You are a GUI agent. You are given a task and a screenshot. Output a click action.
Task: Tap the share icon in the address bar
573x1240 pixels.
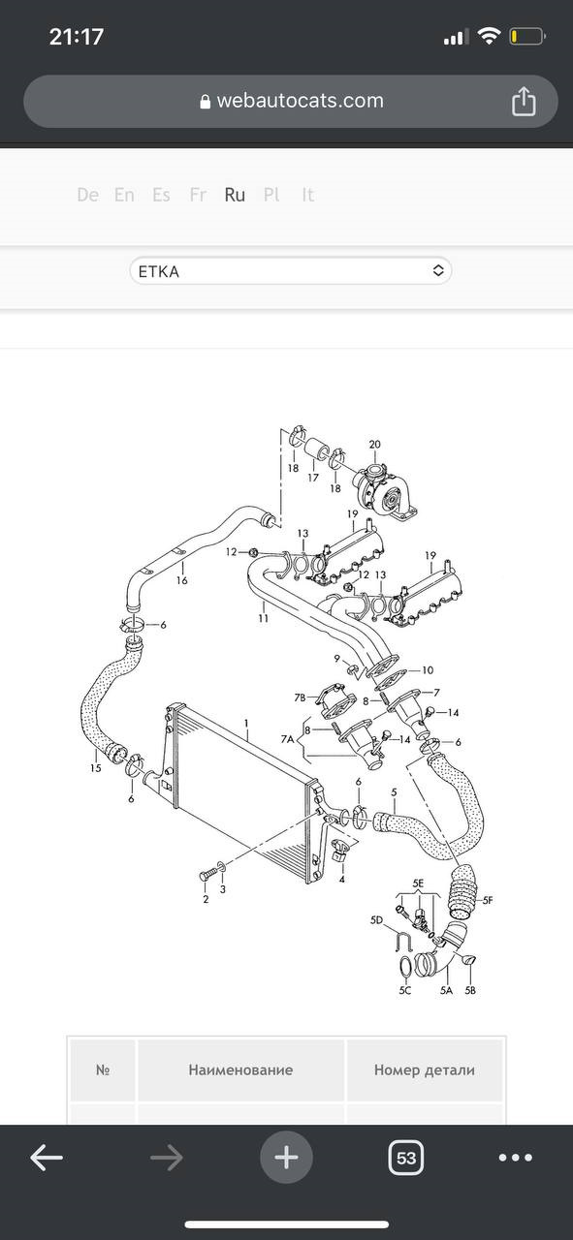(x=524, y=102)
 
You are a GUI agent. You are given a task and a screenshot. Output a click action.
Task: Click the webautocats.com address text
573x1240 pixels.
(x=300, y=101)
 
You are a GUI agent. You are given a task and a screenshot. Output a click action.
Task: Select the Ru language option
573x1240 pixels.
(x=235, y=195)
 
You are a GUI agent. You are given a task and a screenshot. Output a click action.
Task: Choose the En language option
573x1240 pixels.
(x=124, y=195)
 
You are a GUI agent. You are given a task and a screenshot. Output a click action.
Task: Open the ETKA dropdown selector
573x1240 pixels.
(x=291, y=271)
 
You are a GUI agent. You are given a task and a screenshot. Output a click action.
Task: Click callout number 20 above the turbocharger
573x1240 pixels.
(x=374, y=444)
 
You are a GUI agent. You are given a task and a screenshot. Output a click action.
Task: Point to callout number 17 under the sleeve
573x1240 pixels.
(x=313, y=478)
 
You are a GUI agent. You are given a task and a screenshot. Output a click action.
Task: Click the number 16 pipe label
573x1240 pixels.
(x=181, y=580)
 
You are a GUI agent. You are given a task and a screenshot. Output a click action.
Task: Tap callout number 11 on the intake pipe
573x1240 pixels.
(x=263, y=618)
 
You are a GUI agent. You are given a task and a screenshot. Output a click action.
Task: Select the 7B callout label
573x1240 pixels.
(x=300, y=697)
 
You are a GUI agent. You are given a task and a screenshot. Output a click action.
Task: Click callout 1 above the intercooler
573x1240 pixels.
(x=246, y=723)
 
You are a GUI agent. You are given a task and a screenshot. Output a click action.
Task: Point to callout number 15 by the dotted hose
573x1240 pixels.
(x=95, y=768)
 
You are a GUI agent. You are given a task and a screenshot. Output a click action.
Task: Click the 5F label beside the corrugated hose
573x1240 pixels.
(x=487, y=900)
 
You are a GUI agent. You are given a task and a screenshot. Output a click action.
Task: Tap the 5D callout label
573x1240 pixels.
(x=376, y=920)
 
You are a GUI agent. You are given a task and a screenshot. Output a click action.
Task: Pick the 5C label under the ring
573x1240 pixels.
(x=405, y=990)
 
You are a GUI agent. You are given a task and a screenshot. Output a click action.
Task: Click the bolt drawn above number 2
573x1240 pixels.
(x=207, y=875)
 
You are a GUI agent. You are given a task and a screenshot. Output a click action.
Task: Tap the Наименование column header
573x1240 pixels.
(x=240, y=1070)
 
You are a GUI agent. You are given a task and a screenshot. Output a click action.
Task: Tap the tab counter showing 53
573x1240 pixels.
(x=406, y=1157)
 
